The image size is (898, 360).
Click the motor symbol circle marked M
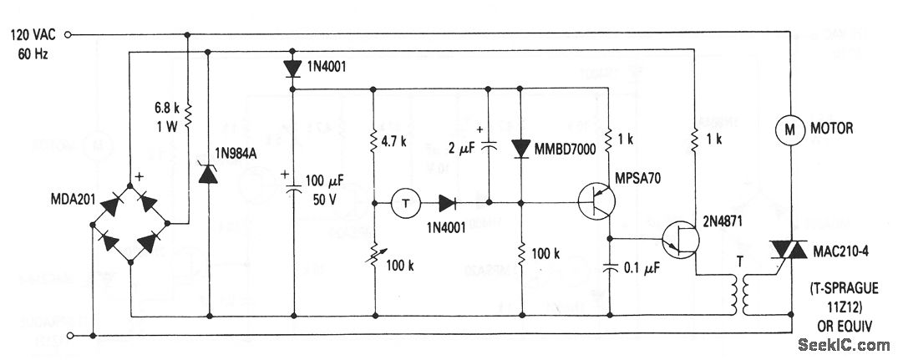coord(787,129)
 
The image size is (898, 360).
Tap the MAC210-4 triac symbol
coord(788,250)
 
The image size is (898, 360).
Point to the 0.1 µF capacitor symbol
coord(611,270)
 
